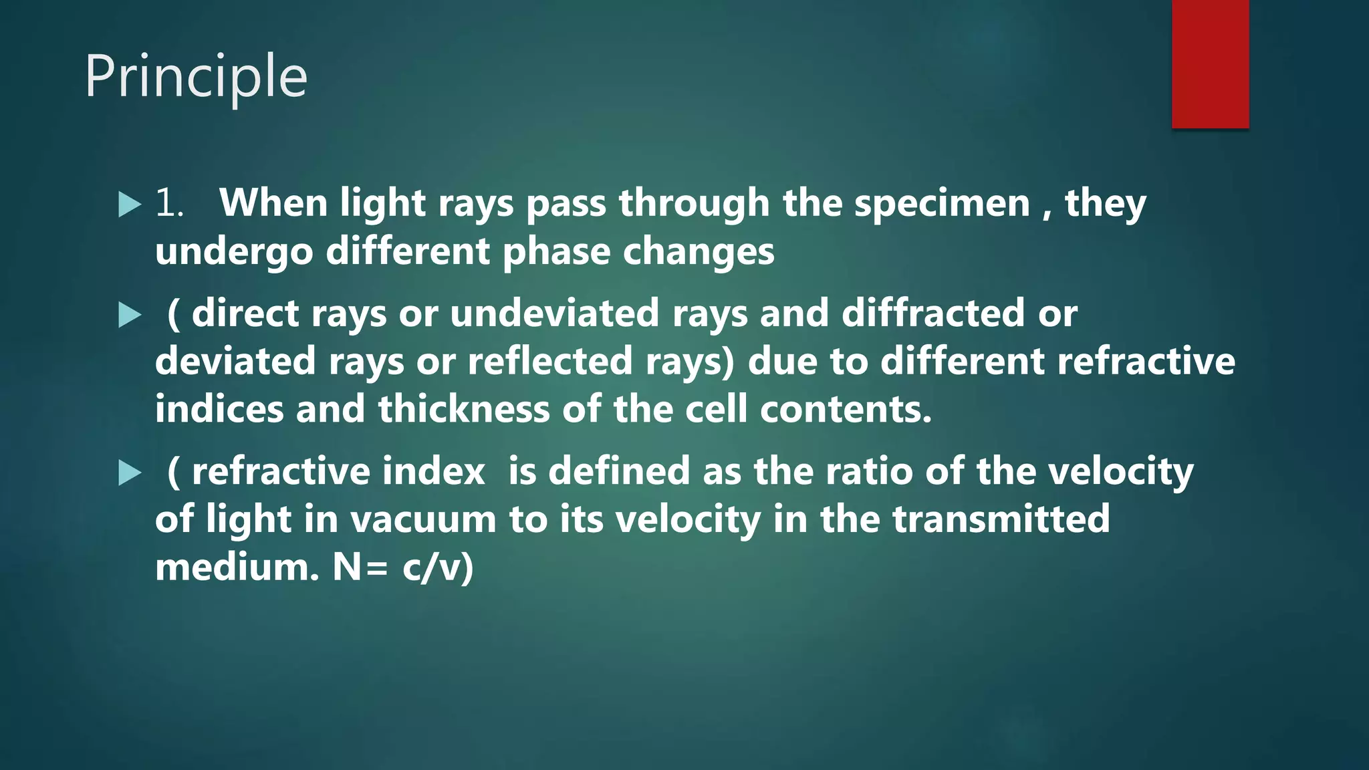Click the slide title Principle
coord(196,78)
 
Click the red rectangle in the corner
coord(1210,63)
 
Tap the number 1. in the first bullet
coord(169,203)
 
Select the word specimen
coord(943,203)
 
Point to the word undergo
coord(234,253)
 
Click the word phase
coord(556,253)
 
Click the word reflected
coord(550,361)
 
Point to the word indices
coord(219,409)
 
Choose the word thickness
coord(464,409)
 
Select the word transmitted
coord(1001,519)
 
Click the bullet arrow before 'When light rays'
coord(130,205)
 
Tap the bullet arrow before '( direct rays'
coord(130,315)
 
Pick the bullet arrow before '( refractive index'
coord(130,473)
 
